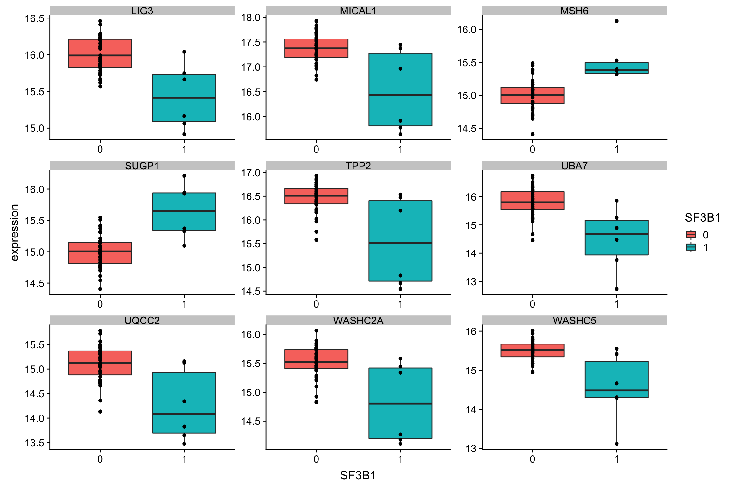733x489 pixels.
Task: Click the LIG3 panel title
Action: coord(142,11)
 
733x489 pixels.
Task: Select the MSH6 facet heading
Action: coord(574,11)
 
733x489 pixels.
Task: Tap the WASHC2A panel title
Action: coord(358,320)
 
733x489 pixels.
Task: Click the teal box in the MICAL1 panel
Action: coord(400,89)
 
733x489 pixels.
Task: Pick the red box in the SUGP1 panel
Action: coord(100,253)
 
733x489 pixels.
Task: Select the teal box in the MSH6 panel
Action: coord(616,68)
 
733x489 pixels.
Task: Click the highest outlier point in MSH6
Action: coord(617,21)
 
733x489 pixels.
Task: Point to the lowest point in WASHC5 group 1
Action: coord(617,444)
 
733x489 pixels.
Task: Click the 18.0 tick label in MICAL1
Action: coord(251,18)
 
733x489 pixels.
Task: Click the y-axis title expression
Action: coord(15,232)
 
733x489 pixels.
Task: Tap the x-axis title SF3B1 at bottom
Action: coord(358,475)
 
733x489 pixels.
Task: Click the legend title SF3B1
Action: coord(702,218)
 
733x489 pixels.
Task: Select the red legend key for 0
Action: coord(691,235)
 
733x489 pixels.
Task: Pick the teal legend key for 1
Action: coord(691,247)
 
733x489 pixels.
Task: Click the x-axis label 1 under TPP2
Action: coord(400,304)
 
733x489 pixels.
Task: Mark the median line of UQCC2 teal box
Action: coord(184,414)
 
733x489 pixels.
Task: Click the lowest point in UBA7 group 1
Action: coord(617,289)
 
